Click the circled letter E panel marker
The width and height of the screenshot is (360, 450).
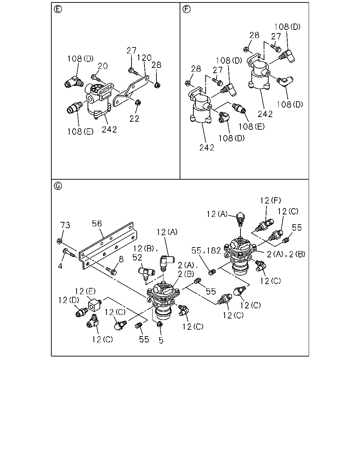pos(58,9)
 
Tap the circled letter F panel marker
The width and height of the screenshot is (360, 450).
pos(187,9)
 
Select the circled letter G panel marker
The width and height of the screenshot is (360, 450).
pos(58,186)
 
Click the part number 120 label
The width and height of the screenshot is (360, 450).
pos(144,58)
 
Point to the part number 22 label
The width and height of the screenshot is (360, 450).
pos(134,119)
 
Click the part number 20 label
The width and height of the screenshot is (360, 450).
pos(103,66)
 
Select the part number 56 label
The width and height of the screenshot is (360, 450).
pos(97,224)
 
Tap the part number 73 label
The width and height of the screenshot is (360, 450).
pos(65,225)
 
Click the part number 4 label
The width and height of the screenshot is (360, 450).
pos(60,266)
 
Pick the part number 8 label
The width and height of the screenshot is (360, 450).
pos(121,259)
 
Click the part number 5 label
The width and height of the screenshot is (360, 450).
pos(161,340)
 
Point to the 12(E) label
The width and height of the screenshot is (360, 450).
pos(85,291)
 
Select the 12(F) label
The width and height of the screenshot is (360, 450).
pos(270,200)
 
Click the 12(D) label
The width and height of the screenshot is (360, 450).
pos(69,300)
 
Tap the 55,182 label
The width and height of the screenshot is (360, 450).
pos(206,251)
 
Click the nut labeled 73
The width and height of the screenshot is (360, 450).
pos(59,241)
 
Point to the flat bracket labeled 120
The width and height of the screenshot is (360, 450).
pos(131,91)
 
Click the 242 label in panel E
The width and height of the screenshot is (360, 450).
pos(109,130)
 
